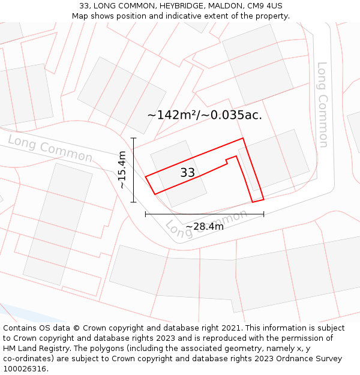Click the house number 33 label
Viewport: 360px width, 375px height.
tap(187, 173)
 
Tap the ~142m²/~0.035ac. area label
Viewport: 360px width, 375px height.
tap(205, 115)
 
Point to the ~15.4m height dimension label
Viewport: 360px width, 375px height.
tap(122, 170)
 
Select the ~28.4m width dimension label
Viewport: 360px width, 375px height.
tap(205, 226)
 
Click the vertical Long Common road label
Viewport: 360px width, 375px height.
tap(323, 104)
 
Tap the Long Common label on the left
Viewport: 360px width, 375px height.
tap(50, 148)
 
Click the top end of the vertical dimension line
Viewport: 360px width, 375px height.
tap(133, 138)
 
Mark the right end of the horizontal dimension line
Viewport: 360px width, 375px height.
tap(263, 214)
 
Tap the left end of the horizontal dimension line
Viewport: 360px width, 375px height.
tap(146, 214)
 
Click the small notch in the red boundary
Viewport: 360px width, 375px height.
tap(227, 161)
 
